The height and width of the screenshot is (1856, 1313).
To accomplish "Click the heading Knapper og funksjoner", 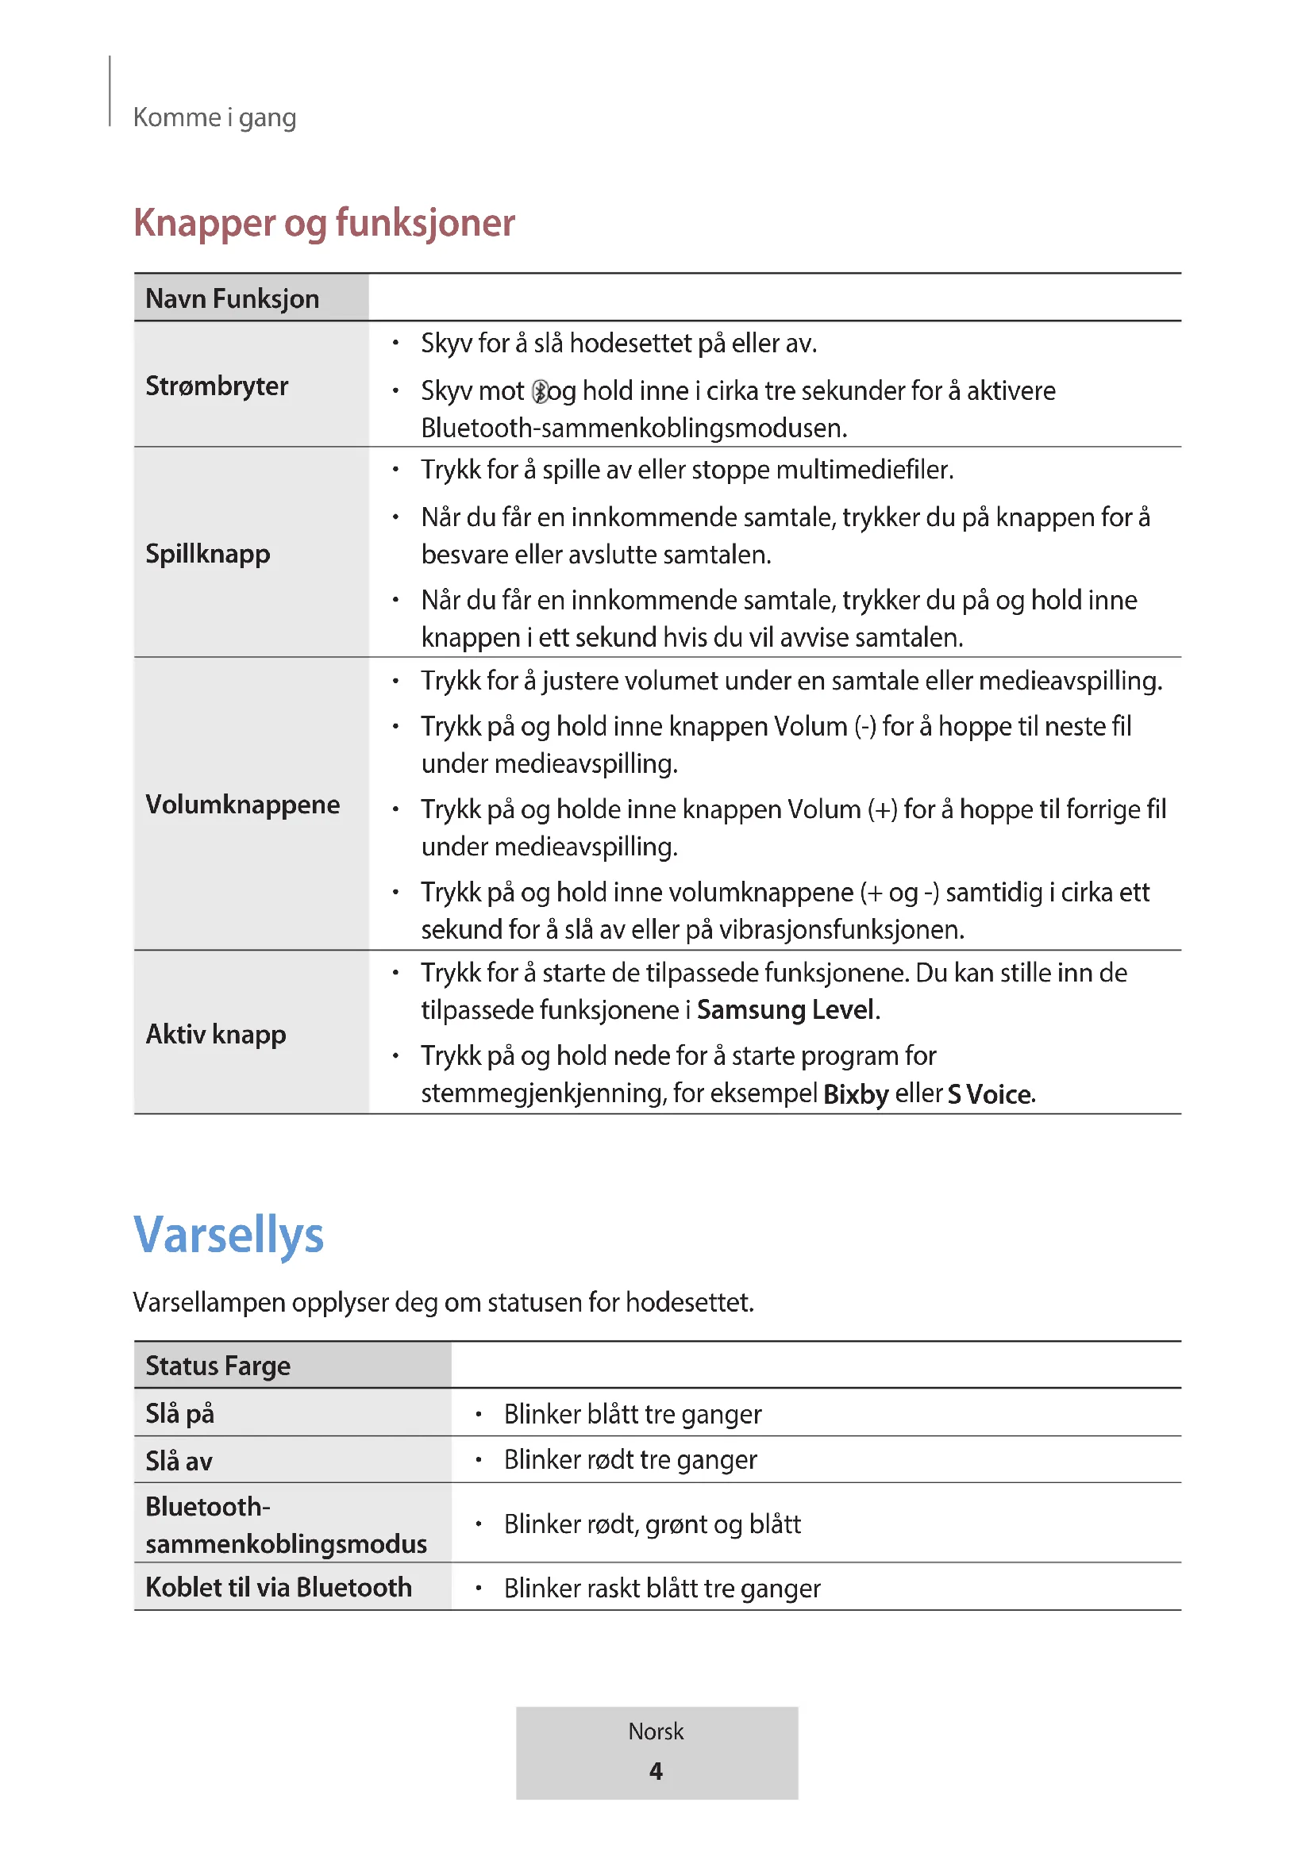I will pyautogui.click(x=323, y=223).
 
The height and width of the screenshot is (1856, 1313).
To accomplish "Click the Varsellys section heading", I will pyautogui.click(x=228, y=1235).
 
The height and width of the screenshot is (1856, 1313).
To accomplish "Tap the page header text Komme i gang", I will pyautogui.click(x=214, y=118).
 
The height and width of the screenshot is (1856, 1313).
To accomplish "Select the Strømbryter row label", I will pyautogui.click(x=217, y=386).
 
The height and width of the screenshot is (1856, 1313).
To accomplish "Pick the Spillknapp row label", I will pyautogui.click(x=208, y=554).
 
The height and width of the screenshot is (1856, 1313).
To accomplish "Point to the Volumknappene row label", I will pyautogui.click(x=243, y=805).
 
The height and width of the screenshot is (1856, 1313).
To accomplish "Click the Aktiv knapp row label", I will pyautogui.click(x=216, y=1034).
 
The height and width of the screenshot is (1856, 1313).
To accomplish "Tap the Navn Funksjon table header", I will pyautogui.click(x=232, y=299).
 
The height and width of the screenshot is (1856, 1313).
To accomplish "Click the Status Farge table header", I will pyautogui.click(x=218, y=1366).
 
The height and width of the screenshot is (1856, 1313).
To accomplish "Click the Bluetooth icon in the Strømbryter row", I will pyautogui.click(x=540, y=392).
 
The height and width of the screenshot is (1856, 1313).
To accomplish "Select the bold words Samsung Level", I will pyautogui.click(x=785, y=1010).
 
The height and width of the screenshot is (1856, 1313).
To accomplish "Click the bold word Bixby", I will pyautogui.click(x=856, y=1093).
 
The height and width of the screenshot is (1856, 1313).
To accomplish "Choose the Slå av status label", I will pyautogui.click(x=179, y=1461).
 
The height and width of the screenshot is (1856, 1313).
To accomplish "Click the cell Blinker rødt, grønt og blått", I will pyautogui.click(x=652, y=1524).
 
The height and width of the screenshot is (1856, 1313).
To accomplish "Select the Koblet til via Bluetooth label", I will pyautogui.click(x=278, y=1588).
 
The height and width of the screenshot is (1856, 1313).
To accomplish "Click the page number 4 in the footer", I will pyautogui.click(x=656, y=1771).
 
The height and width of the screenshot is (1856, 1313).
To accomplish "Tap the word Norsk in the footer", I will pyautogui.click(x=656, y=1731).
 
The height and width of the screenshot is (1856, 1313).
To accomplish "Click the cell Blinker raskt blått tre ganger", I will pyautogui.click(x=661, y=1589).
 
